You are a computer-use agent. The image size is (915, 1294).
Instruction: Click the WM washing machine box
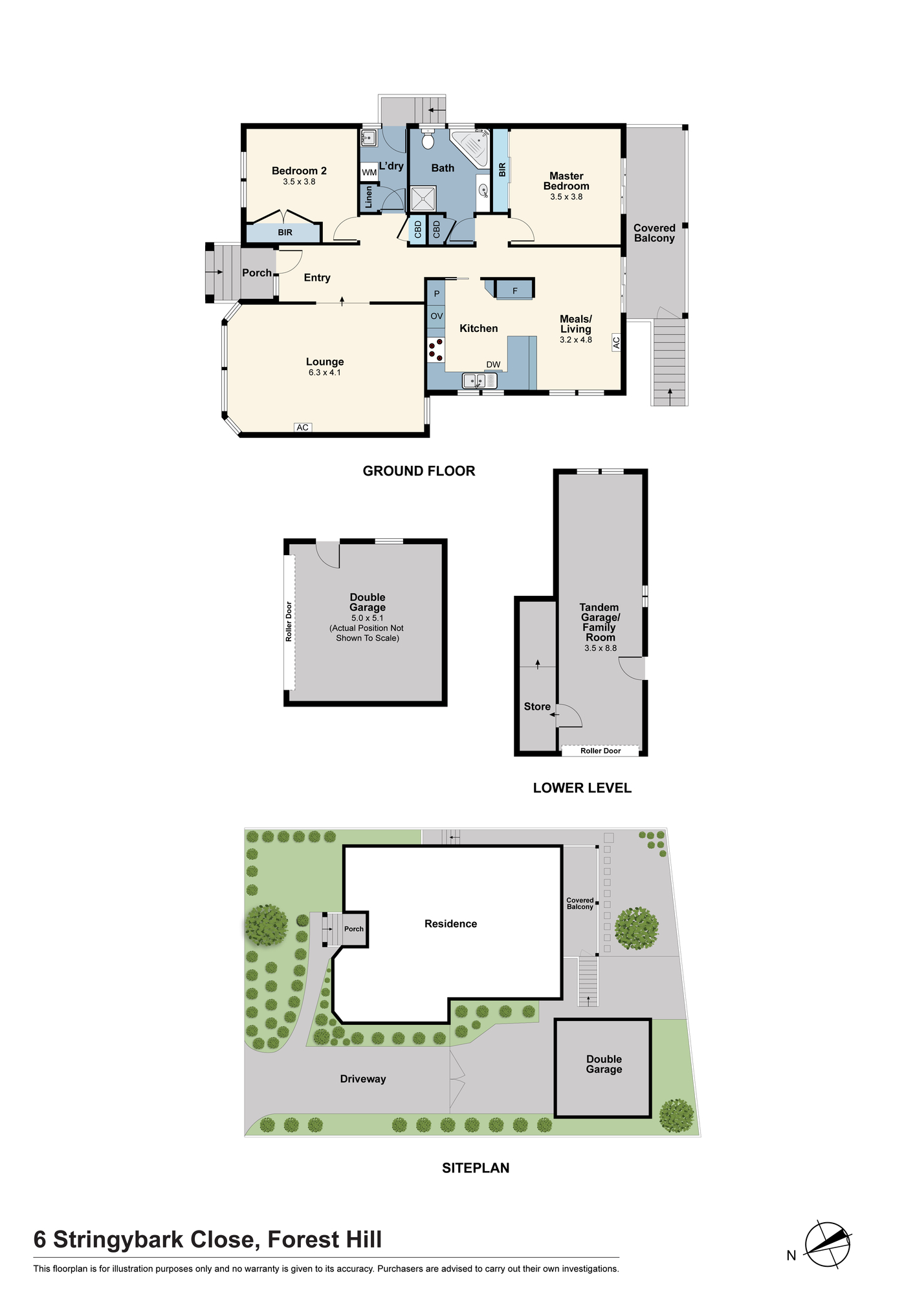pyautogui.click(x=369, y=172)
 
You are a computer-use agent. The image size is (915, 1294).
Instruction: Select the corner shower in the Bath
pyautogui.click(x=470, y=149)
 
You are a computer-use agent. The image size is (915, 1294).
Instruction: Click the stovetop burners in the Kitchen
pyautogui.click(x=435, y=350)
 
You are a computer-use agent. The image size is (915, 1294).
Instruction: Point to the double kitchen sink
pyautogui.click(x=479, y=380)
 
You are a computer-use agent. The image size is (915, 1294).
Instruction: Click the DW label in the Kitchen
pyautogui.click(x=493, y=365)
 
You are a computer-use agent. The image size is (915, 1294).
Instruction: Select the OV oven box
pyautogui.click(x=436, y=316)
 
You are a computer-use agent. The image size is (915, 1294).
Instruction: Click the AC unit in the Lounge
pyautogui.click(x=303, y=427)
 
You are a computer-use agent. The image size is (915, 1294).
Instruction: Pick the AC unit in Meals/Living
pyautogui.click(x=616, y=342)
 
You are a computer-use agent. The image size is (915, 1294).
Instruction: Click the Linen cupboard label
pyautogui.click(x=369, y=197)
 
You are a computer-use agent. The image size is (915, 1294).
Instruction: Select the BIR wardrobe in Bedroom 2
pyautogui.click(x=284, y=232)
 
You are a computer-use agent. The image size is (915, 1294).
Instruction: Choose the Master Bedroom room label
pyautogui.click(x=566, y=181)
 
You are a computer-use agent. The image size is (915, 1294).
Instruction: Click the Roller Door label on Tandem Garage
pyautogui.click(x=601, y=751)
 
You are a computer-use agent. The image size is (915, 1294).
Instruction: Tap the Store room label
pyautogui.click(x=537, y=707)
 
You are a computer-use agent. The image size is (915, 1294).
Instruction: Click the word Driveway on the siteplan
pyautogui.click(x=363, y=1079)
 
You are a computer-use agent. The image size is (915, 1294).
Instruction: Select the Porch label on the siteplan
pyautogui.click(x=354, y=928)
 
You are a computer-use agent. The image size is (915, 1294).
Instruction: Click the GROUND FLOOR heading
pyautogui.click(x=419, y=471)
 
